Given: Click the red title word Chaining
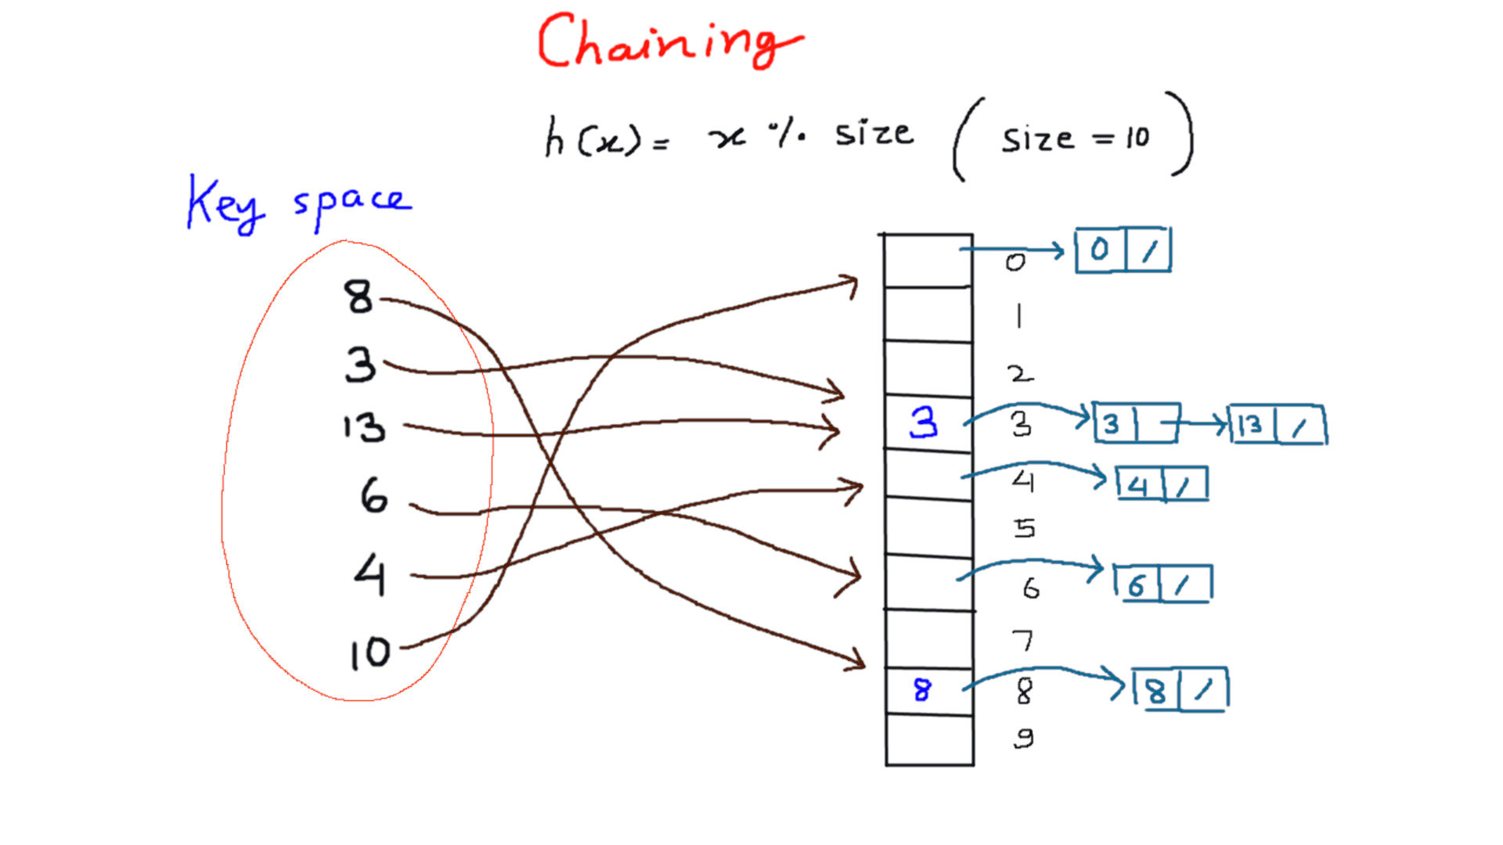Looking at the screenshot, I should pos(669,43).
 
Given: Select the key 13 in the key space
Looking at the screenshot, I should pos(364,428).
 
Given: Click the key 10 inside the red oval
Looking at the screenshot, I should pos(369,652).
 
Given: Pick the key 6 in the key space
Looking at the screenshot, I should pos(373,496).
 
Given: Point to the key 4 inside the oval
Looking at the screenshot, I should pos(369,575).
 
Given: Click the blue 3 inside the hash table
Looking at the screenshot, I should pos(924,422).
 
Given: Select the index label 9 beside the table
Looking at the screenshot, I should pos(1023,738).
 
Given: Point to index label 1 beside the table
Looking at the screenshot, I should pos(1018,317).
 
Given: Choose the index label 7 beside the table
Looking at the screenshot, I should pos(1023,641).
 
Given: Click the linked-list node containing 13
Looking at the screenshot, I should pos(1278,425).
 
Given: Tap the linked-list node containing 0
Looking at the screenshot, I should pos(1123,250).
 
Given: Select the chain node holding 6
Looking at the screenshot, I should pos(1163,584).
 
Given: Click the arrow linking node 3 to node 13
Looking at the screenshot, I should pos(1198,424).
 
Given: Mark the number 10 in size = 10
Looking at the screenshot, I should pos(1137,138).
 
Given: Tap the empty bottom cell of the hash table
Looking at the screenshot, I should pos(929,740).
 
